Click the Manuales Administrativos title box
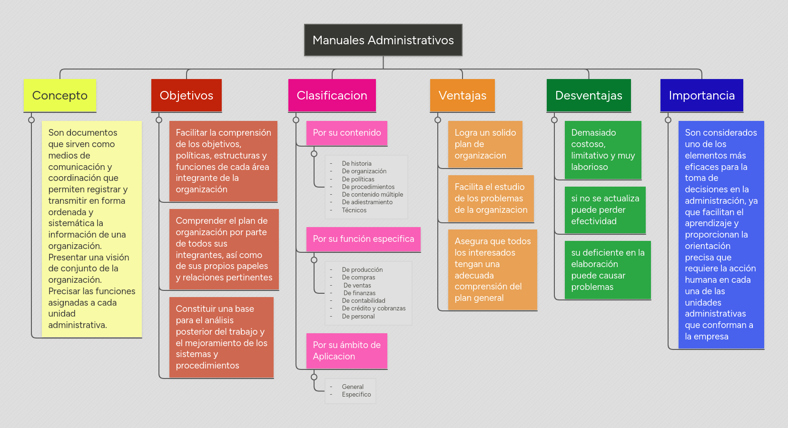point(383,40)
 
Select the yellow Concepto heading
point(60,96)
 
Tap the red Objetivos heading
point(187,96)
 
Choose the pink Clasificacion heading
point(332,96)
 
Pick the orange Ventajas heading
point(463,96)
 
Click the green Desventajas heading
point(589,96)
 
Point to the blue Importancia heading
point(702,96)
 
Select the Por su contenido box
point(347,133)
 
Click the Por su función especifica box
point(364,239)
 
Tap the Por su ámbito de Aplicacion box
point(347,351)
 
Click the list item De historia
point(357,164)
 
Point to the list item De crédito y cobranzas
point(374,309)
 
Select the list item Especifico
point(356,395)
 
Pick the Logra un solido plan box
point(485,144)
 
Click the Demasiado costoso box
point(603,150)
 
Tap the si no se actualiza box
point(605,210)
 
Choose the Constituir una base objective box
point(221,337)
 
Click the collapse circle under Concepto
point(31,120)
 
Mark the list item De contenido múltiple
point(373,195)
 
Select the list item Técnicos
point(355,210)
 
